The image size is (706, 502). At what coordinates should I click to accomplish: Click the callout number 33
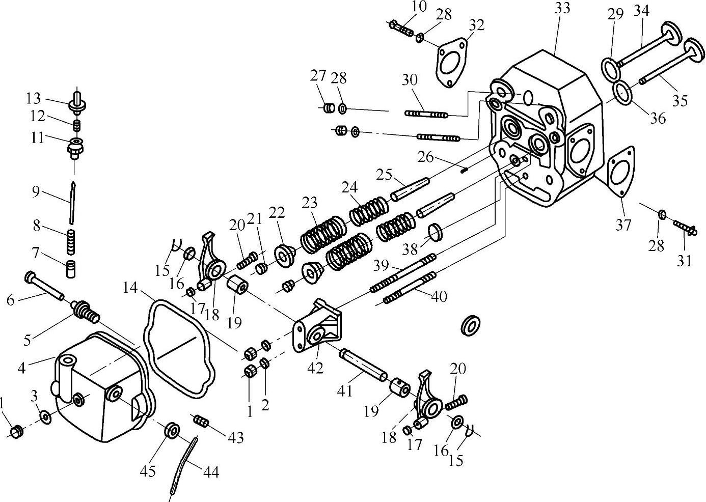coord(562,8)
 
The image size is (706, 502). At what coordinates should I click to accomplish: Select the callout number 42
coord(315,368)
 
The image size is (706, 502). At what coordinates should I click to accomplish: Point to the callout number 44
coord(211,472)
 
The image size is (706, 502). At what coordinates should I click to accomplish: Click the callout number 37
coord(623,225)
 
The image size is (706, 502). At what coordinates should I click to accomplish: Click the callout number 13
coord(34,99)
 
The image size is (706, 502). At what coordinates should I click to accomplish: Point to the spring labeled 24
coord(369,211)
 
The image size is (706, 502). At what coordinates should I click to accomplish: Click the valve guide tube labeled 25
coord(410,189)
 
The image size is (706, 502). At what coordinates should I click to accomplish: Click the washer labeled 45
coord(172,430)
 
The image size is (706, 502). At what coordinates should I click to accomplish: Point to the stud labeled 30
coord(426,114)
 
